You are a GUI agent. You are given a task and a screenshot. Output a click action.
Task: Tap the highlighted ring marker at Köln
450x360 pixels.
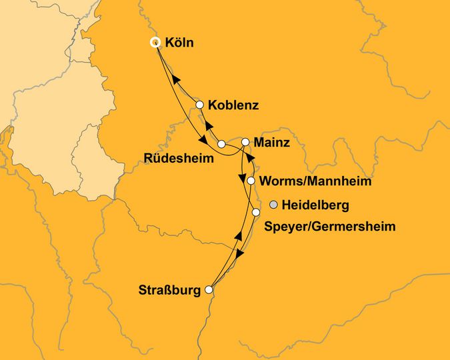pos(155,42)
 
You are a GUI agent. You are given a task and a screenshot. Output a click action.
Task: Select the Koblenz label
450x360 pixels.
pos(233,105)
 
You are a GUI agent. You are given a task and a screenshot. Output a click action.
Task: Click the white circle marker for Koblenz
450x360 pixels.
pos(199,105)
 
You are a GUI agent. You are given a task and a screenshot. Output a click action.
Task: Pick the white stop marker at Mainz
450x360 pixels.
pos(245,142)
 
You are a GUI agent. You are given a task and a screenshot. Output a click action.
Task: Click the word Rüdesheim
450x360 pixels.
pos(179,159)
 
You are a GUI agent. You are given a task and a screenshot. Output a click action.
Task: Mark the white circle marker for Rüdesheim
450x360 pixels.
pos(221,144)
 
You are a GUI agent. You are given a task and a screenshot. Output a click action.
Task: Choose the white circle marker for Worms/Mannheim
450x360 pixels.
pos(251,181)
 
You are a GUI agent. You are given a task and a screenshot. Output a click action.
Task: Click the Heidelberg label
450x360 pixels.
pos(316,205)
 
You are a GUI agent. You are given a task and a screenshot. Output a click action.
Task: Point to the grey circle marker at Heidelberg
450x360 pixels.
pos(273,204)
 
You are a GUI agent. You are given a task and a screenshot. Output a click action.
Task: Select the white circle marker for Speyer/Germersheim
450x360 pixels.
pos(256,213)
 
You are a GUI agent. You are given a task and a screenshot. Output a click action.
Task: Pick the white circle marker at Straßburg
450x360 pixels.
pos(209,290)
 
